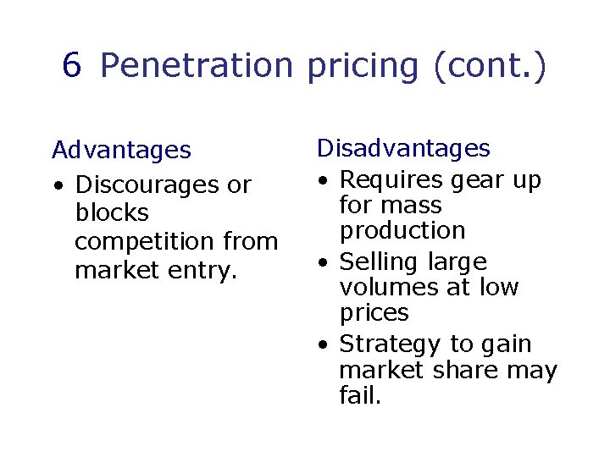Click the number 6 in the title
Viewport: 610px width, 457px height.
(72, 66)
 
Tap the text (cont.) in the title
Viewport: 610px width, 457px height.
(489, 66)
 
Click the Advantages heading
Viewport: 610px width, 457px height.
(121, 151)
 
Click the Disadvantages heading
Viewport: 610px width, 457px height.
(403, 148)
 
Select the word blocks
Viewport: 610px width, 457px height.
(112, 212)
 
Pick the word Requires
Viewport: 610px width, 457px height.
(391, 179)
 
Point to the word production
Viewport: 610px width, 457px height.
(402, 230)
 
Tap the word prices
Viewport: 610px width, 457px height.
(374, 313)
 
